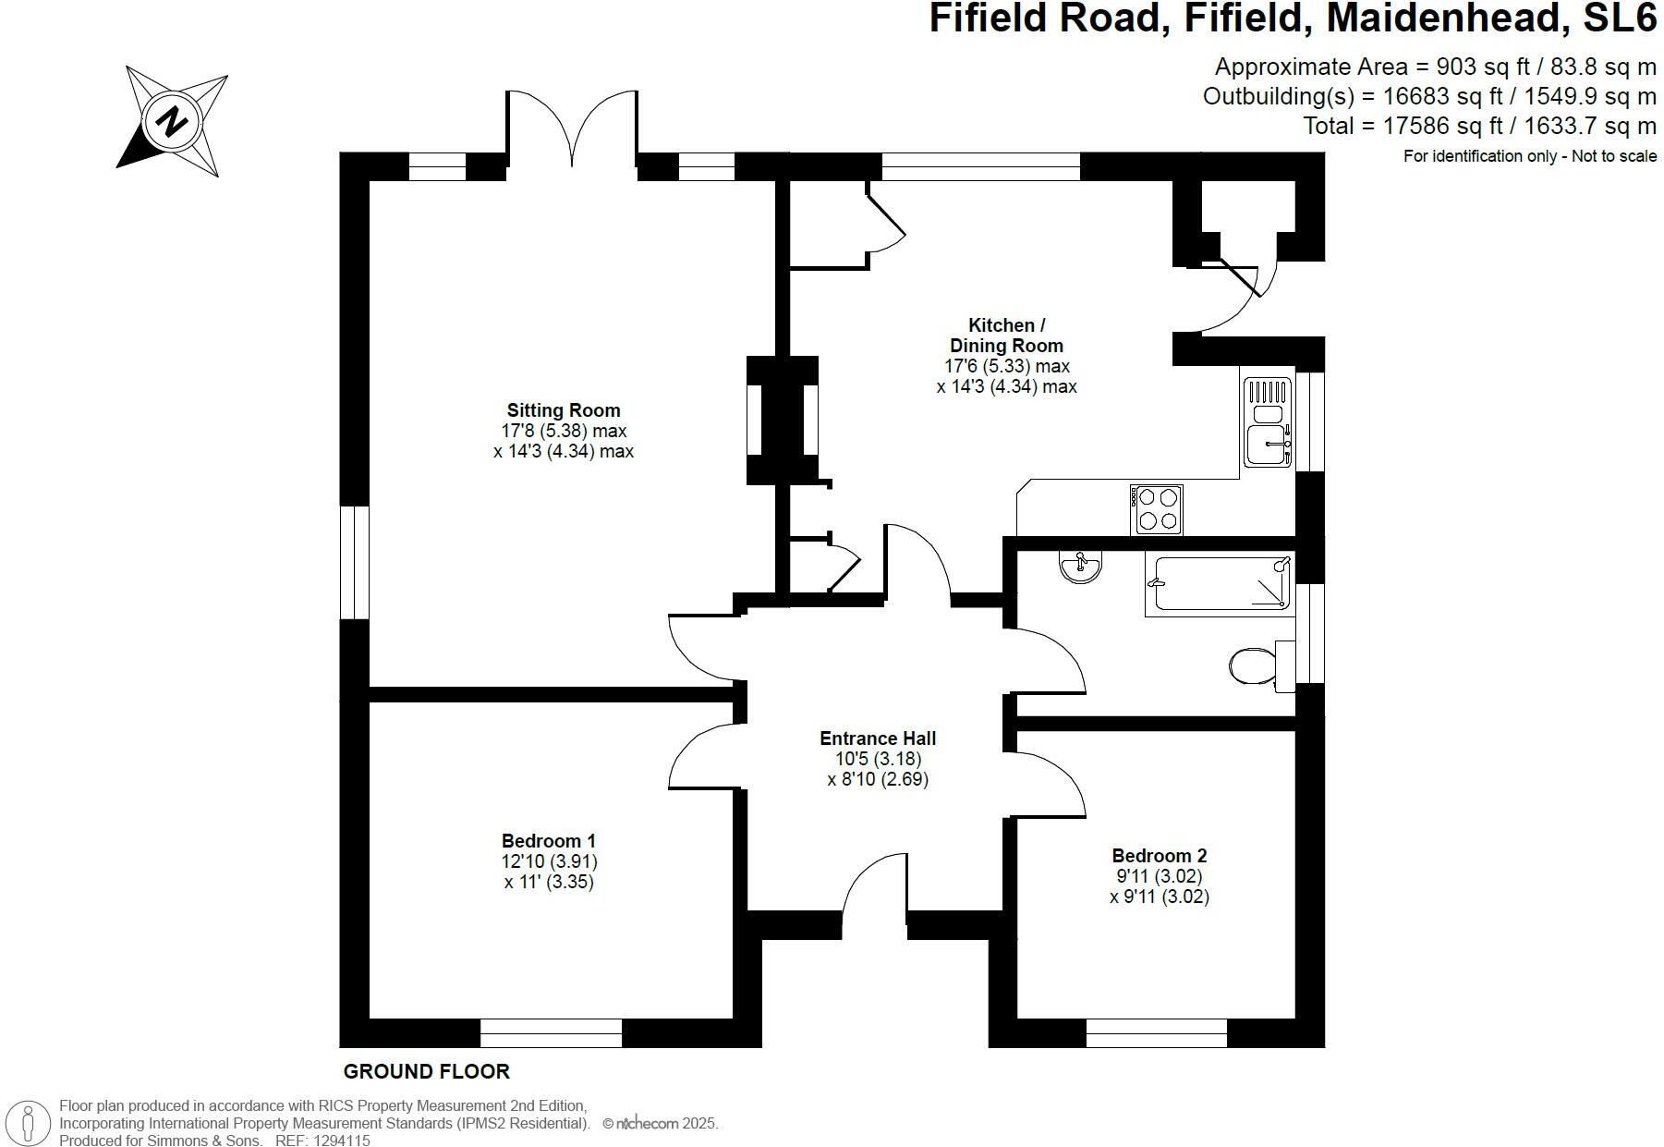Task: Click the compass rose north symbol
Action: click(x=172, y=121)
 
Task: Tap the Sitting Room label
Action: click(x=564, y=410)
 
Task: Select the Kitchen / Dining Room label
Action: click(x=1006, y=336)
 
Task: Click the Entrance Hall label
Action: click(x=878, y=738)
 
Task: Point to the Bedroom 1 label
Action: click(x=549, y=841)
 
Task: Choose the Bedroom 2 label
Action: click(x=1160, y=856)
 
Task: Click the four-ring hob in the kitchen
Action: click(x=1157, y=509)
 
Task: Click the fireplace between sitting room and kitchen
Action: click(x=783, y=421)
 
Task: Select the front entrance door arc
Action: click(x=874, y=887)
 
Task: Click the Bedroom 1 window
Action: click(x=551, y=1033)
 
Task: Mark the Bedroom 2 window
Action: click(x=1156, y=1033)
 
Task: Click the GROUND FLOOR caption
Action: click(x=426, y=1072)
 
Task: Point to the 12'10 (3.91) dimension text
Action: click(x=549, y=861)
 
